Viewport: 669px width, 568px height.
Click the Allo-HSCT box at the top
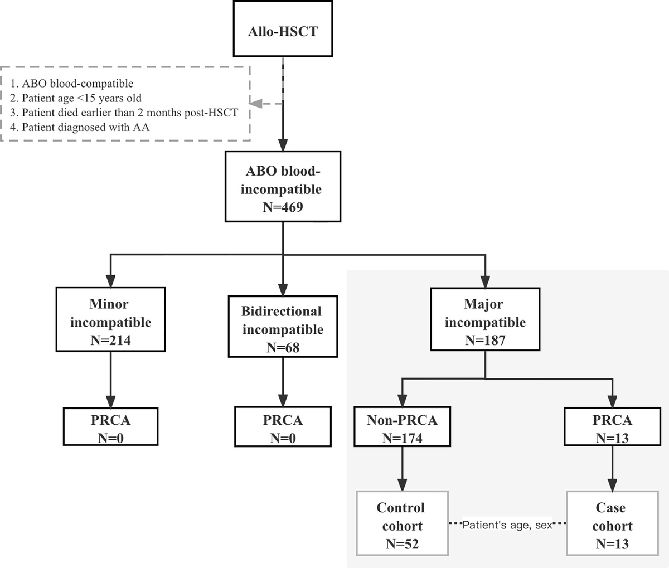[283, 29]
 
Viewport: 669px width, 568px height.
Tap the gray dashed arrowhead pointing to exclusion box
[256, 103]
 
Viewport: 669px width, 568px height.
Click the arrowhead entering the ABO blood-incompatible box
[283, 145]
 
